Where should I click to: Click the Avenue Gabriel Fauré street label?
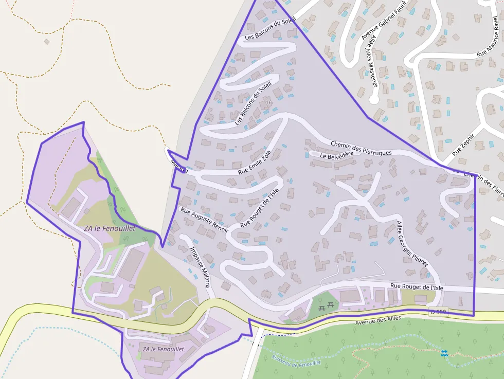[384, 20]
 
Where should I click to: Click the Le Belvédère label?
[336, 155]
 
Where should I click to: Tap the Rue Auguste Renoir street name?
[204, 220]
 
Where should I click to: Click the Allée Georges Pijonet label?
[412, 244]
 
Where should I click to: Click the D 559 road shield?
[438, 312]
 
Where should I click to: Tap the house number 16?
[268, 102]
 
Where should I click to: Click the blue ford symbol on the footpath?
[444, 353]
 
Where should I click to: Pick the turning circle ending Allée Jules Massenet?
[374, 98]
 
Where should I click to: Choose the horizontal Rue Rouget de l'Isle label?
[417, 287]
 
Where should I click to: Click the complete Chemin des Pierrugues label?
[361, 149]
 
